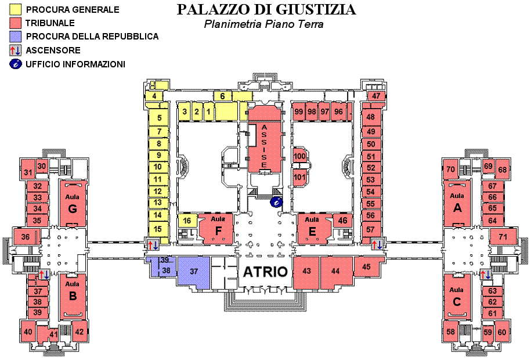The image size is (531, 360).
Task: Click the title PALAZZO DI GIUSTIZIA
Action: click(x=266, y=10)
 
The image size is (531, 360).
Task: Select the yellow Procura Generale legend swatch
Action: click(x=15, y=10)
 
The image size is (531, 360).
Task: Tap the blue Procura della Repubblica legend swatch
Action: click(x=15, y=37)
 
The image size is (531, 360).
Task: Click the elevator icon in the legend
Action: click(x=15, y=51)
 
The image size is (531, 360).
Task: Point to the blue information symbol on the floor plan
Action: click(x=276, y=202)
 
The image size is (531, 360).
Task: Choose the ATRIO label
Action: click(x=265, y=272)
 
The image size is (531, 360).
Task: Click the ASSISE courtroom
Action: click(x=264, y=145)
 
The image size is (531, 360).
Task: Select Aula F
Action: click(x=217, y=229)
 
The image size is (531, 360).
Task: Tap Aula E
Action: click(x=313, y=229)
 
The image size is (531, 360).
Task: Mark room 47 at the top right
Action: click(x=376, y=96)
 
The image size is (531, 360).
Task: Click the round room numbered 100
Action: click(x=299, y=156)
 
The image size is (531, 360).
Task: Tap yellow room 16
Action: click(x=186, y=221)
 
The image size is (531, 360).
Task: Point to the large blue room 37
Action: click(x=194, y=271)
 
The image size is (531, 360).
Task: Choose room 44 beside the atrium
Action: click(x=335, y=271)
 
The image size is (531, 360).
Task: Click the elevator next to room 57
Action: click(x=377, y=244)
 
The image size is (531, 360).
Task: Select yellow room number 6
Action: click(x=222, y=96)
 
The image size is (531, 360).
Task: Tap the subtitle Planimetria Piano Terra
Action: click(x=263, y=24)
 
